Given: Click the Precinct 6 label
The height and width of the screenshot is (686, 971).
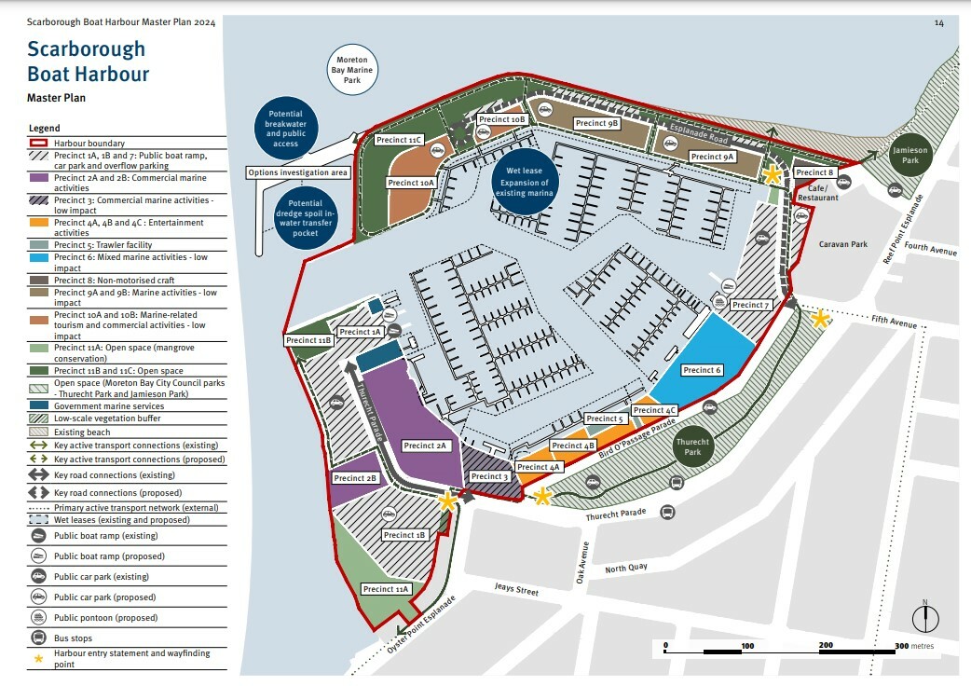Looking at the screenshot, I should tap(703, 370).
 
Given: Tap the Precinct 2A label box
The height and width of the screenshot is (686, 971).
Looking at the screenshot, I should tap(427, 446).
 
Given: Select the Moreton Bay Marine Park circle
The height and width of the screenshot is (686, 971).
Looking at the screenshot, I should tap(352, 70).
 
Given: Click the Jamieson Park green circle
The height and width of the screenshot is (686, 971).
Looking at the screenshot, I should tap(904, 156).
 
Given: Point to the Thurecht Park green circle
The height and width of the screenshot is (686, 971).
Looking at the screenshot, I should tap(692, 447).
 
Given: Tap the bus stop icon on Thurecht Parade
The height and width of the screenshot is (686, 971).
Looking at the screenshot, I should tap(667, 513).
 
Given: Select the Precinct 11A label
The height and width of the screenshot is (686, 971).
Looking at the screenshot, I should tap(385, 589).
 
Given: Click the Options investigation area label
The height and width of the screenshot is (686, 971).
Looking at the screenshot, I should tap(298, 172).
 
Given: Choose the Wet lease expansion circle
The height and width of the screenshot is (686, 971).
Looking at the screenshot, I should tap(525, 181).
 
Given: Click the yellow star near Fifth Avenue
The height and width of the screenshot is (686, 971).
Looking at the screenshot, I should tap(820, 319).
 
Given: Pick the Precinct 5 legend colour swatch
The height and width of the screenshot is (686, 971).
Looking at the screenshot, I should tap(39, 245).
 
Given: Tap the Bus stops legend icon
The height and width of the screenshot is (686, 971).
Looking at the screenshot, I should tap(39, 638).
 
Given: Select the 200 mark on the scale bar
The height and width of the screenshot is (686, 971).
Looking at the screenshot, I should tap(826, 645).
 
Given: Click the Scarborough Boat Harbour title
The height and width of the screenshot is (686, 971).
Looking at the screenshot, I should tap(88, 62).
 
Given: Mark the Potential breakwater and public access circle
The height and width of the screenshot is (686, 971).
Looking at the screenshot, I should tap(287, 127).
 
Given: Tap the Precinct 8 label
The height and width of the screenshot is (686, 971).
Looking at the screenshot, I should tap(814, 172).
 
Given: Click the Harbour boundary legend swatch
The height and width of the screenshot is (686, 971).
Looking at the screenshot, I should tap(39, 142).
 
